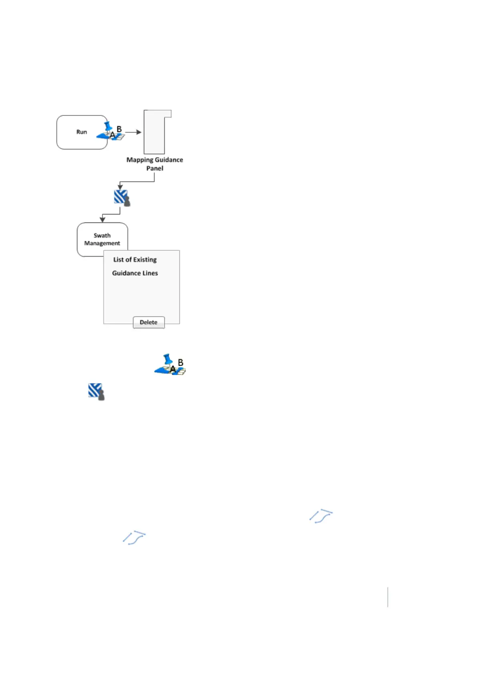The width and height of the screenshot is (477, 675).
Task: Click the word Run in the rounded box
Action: (82, 132)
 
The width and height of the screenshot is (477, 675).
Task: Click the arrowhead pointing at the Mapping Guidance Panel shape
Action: (139, 132)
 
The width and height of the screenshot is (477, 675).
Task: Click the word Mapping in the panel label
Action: (140, 160)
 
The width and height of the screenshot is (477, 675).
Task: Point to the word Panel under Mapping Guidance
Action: (155, 168)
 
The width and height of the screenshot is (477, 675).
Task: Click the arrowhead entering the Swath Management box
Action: (103, 219)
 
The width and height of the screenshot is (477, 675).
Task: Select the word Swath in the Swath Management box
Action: (102, 236)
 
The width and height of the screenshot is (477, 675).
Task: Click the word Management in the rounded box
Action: (102, 243)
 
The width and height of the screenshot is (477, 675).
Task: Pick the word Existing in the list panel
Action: (145, 260)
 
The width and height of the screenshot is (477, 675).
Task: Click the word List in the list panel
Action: (118, 260)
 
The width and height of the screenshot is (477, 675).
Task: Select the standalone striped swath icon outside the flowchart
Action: (96, 391)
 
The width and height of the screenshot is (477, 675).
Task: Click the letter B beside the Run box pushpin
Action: (119, 129)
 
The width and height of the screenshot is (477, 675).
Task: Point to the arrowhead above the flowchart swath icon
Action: (120, 187)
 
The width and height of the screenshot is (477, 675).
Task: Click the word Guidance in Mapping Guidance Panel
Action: (169, 160)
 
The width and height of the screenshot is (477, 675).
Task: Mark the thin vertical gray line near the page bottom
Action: (388, 597)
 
